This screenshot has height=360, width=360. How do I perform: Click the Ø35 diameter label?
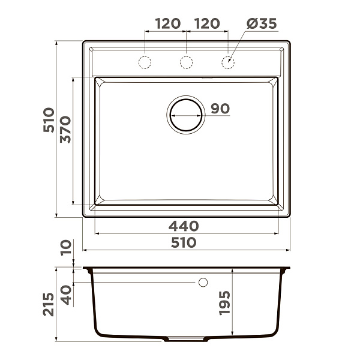(x=262, y=23)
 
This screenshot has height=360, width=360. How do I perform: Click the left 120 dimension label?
(x=168, y=23)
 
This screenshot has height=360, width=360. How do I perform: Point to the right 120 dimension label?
(x=207, y=23)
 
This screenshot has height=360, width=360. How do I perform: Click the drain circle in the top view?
(x=186, y=100)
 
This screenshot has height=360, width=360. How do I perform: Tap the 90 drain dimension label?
(x=220, y=109)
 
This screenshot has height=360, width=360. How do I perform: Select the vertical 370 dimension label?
(x=65, y=130)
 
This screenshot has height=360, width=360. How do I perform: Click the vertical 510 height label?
(x=49, y=120)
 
